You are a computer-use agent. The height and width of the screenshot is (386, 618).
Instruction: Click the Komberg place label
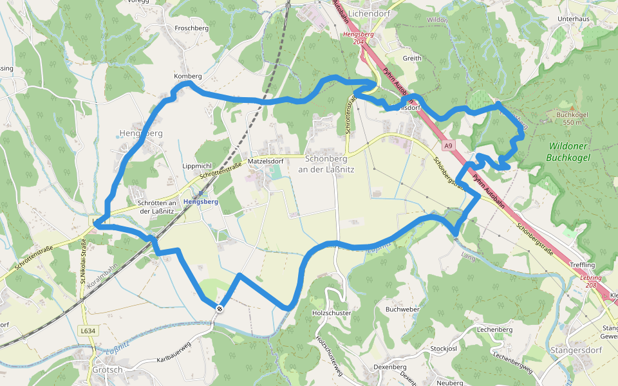point(188,76)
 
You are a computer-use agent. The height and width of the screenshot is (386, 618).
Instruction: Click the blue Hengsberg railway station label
point(201,201)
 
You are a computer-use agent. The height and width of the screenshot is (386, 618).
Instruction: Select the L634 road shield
point(88,331)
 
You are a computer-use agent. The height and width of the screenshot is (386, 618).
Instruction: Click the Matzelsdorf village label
point(266,161)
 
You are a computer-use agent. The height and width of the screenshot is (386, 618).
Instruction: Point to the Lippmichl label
point(197,165)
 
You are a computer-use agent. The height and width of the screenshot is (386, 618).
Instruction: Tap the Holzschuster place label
point(331,313)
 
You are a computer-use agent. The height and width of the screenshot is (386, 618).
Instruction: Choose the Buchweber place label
point(402,309)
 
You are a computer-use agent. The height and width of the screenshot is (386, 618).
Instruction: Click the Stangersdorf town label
point(576,350)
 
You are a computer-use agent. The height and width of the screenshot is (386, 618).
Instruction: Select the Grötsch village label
point(107,369)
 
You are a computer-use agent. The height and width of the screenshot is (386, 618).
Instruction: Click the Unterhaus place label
point(574,19)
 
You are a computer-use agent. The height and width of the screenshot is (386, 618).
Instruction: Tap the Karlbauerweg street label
point(173,354)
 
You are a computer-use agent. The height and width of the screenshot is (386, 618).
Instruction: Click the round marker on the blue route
point(220,309)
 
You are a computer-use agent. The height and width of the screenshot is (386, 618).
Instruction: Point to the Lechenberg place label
point(494,329)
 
